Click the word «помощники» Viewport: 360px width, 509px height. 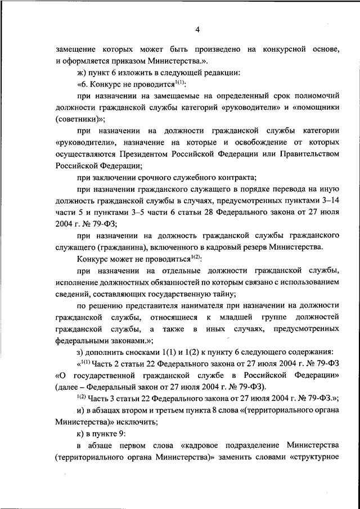312,107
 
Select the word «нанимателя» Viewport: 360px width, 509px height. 191,305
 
